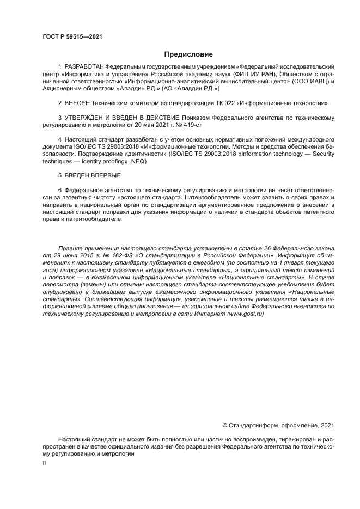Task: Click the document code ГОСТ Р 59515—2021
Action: pyautogui.click(x=72, y=37)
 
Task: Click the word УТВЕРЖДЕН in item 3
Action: pyautogui.click(x=88, y=117)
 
